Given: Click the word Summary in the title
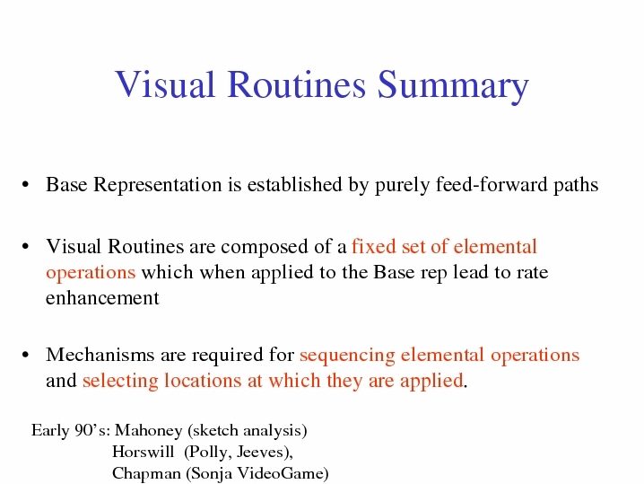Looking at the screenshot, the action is pyautogui.click(x=453, y=85).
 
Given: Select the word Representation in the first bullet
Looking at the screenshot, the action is pyautogui.click(x=158, y=185).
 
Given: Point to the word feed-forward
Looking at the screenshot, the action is pyautogui.click(x=492, y=184).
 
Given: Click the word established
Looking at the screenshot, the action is pyautogui.click(x=294, y=184).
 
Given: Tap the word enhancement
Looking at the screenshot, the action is pyautogui.click(x=102, y=297).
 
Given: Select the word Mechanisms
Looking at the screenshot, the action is pyautogui.click(x=100, y=354).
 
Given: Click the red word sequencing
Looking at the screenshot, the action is pyautogui.click(x=347, y=356).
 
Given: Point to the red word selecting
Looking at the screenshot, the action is pyautogui.click(x=120, y=381).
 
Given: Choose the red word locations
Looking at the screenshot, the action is pyautogui.click(x=203, y=380).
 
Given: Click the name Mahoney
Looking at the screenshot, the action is pyautogui.click(x=148, y=430).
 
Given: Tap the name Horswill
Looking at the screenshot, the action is pyautogui.click(x=143, y=451).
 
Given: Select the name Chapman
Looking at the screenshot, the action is pyautogui.click(x=146, y=473).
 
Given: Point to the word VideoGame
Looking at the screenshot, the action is pyautogui.click(x=281, y=473).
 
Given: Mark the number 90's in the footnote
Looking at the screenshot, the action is pyautogui.click(x=92, y=430).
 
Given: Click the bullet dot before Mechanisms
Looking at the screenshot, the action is pyautogui.click(x=25, y=355).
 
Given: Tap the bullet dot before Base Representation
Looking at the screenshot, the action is pyautogui.click(x=25, y=185).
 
